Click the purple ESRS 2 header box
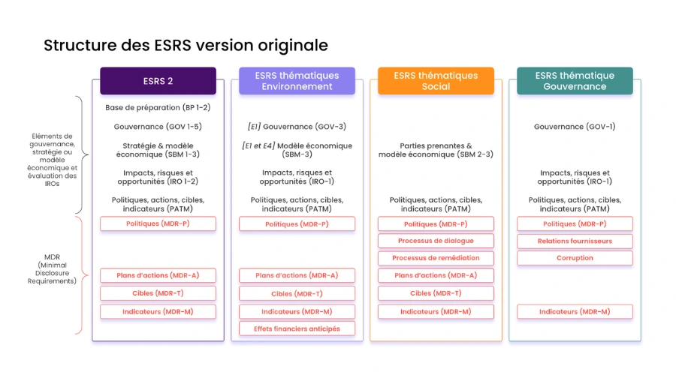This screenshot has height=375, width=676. click(158, 81)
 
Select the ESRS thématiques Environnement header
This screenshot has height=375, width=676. click(297, 81)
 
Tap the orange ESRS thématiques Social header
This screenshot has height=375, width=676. click(436, 81)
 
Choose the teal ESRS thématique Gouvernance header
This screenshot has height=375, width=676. click(575, 81)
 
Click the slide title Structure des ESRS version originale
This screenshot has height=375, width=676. click(186, 45)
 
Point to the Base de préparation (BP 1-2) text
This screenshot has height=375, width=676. click(158, 107)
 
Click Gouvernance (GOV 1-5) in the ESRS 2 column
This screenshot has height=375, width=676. click(158, 127)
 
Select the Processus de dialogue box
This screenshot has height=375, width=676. click(436, 241)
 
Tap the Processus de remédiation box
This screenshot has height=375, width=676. click(436, 258)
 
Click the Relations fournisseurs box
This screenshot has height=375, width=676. click(575, 241)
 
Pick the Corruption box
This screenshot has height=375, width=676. click(575, 258)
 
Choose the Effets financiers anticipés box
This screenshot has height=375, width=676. click(297, 328)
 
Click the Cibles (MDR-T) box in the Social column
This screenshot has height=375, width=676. click(436, 293)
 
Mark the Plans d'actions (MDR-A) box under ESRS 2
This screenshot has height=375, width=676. click(158, 275)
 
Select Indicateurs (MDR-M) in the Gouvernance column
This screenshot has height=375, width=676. click(575, 311)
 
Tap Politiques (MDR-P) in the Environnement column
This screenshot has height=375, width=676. click(297, 223)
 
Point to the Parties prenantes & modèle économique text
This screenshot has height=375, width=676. click(436, 150)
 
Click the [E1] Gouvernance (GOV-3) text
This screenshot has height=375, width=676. click(297, 127)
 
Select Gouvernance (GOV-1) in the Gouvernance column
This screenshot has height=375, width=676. click(575, 127)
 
